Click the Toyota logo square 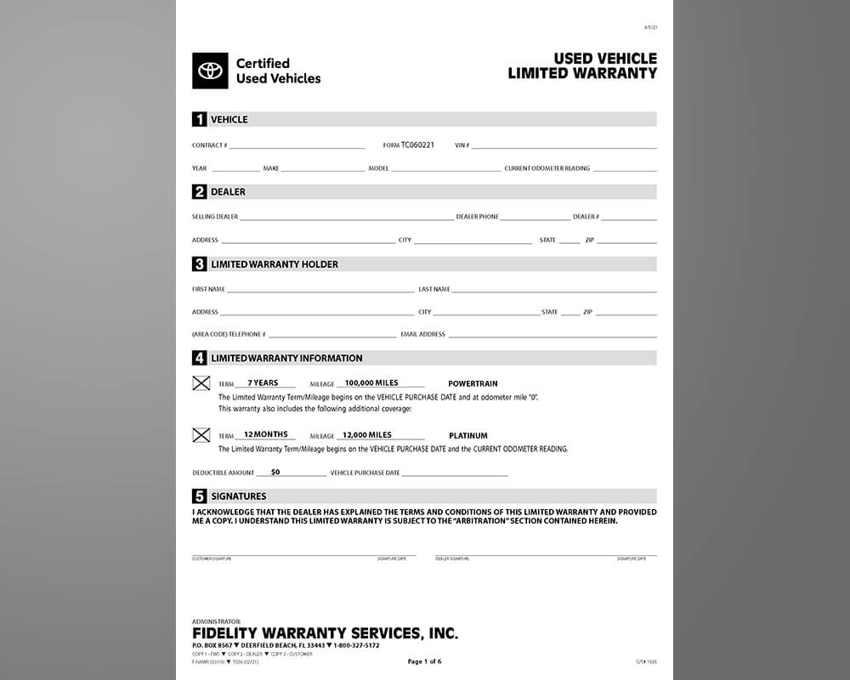pyautogui.click(x=210, y=71)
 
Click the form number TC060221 pyautogui.click(x=417, y=145)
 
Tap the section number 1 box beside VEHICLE pyautogui.click(x=200, y=120)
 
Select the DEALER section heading pyautogui.click(x=228, y=192)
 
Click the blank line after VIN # pyautogui.click(x=564, y=147)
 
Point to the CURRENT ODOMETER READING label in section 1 pyautogui.click(x=547, y=168)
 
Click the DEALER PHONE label pyautogui.click(x=478, y=217)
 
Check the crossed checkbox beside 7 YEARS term pyautogui.click(x=201, y=383)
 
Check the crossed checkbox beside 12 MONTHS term pyautogui.click(x=201, y=435)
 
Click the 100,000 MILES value pyautogui.click(x=371, y=383)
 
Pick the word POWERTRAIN pyautogui.click(x=473, y=384)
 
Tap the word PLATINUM pyautogui.click(x=468, y=436)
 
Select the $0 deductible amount pyautogui.click(x=275, y=472)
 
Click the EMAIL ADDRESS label pyautogui.click(x=422, y=335)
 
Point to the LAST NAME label pyautogui.click(x=434, y=289)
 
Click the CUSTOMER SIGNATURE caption pyautogui.click(x=212, y=559)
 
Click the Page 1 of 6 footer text pyautogui.click(x=424, y=661)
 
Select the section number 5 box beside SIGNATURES pyautogui.click(x=200, y=496)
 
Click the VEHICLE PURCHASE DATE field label pyautogui.click(x=365, y=473)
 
